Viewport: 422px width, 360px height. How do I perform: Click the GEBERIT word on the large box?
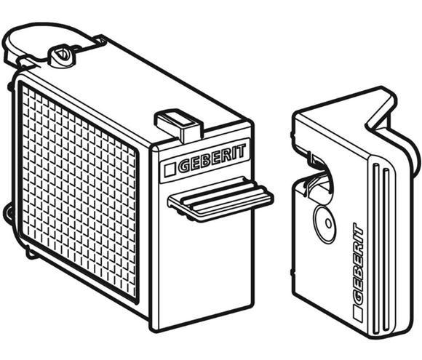tap(212, 159)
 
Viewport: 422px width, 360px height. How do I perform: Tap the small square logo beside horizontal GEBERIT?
tap(170, 169)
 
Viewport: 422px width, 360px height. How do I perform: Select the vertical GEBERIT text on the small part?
tap(357, 259)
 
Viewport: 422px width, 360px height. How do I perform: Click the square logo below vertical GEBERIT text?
tap(358, 313)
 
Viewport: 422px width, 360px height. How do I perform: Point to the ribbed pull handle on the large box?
tap(220, 199)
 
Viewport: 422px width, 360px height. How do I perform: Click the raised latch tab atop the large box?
tap(178, 124)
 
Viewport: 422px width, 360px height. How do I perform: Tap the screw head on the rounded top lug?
tap(62, 56)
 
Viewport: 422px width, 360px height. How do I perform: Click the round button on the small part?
tap(325, 223)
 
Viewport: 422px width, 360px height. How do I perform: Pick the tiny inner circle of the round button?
tap(329, 223)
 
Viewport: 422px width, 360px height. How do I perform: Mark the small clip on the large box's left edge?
tap(7, 212)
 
